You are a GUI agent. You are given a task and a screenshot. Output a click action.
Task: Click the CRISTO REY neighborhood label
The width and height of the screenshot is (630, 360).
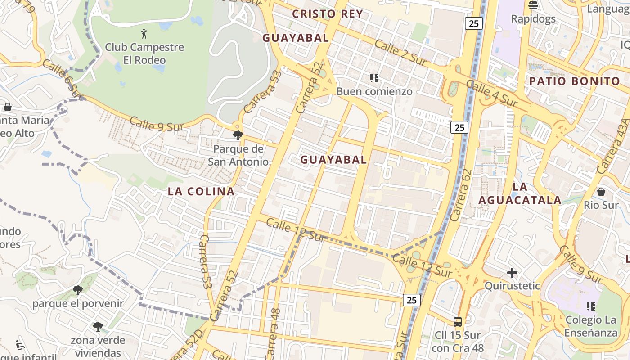pyautogui.click(x=327, y=13)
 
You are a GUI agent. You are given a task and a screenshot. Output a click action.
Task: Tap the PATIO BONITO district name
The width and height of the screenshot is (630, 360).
pyautogui.click(x=574, y=81)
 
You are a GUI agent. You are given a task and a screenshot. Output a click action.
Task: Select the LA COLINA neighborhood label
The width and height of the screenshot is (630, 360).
pyautogui.click(x=201, y=191)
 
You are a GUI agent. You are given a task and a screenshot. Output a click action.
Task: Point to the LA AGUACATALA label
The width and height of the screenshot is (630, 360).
pyautogui.click(x=520, y=193)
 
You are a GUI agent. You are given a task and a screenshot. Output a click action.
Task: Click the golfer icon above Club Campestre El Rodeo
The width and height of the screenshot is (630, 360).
pyautogui.click(x=144, y=33)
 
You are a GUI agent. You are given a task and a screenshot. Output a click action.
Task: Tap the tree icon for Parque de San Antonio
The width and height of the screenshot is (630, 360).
pyautogui.click(x=238, y=135)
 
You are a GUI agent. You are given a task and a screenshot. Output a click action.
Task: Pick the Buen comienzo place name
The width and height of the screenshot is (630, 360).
pyautogui.click(x=374, y=91)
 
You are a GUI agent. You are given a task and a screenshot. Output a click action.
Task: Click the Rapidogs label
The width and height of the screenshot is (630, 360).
pyautogui.click(x=533, y=19)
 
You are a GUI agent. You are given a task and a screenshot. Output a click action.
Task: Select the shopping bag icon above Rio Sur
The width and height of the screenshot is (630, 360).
pyautogui.click(x=601, y=192)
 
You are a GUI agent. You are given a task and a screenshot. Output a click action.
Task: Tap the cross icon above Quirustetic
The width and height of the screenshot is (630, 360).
pyautogui.click(x=512, y=273)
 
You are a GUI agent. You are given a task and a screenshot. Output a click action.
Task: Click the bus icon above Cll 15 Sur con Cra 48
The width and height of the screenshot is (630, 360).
pyautogui.click(x=457, y=321)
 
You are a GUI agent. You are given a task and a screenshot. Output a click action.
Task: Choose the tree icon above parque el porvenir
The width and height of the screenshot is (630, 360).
pyautogui.click(x=77, y=290)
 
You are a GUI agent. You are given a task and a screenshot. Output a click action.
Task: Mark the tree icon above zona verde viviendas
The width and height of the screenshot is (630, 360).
pyautogui.click(x=98, y=327)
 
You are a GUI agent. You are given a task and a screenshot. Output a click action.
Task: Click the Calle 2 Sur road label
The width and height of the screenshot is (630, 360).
pyautogui.click(x=400, y=53)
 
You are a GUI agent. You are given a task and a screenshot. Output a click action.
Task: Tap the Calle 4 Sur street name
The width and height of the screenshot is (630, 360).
pyautogui.click(x=492, y=94)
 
